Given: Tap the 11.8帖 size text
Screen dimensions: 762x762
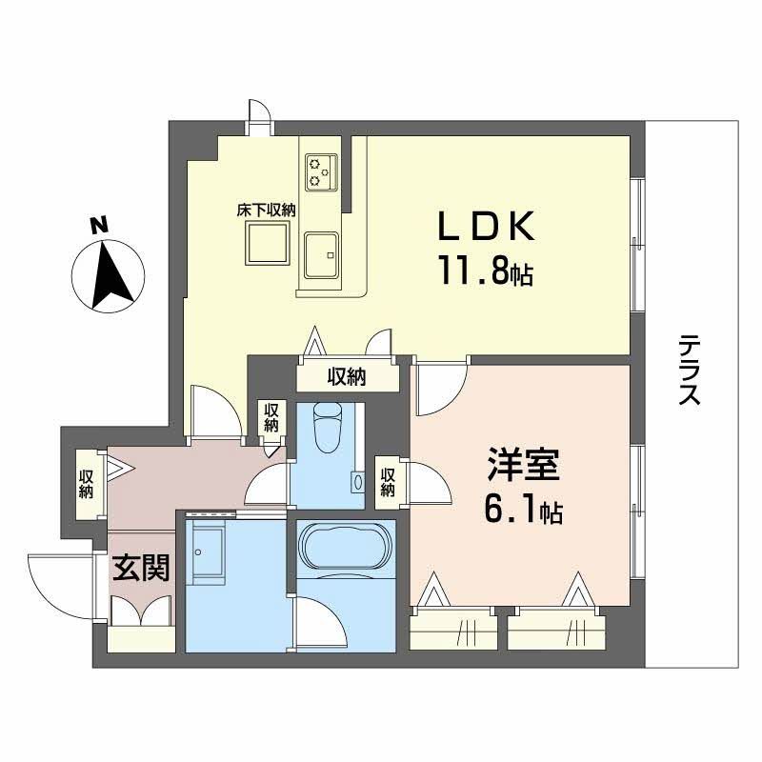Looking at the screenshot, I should pos(485,274).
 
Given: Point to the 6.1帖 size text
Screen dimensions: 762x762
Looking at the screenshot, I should pos(522,512).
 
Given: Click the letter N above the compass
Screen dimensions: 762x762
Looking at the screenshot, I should pos(96,225).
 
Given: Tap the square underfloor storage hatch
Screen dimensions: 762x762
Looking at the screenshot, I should pos(268,247).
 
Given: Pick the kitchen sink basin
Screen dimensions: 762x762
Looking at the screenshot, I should pos(325,255).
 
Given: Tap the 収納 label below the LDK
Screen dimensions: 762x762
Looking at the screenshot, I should pos(348,377).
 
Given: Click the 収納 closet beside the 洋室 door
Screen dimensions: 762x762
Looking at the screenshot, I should pos(388,478).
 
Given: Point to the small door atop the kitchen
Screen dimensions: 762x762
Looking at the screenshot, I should pos(257,117).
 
